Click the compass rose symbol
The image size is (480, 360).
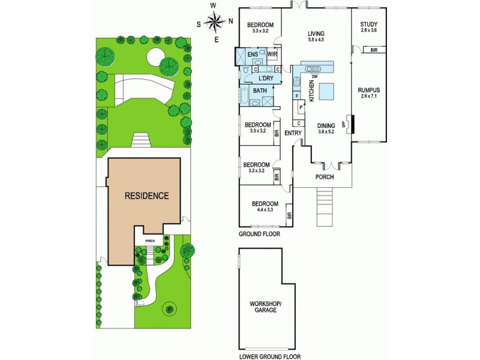tap(215, 23)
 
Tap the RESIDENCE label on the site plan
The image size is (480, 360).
tap(146, 196)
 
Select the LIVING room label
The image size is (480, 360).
tap(316, 34)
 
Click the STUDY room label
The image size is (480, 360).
tap(368, 25)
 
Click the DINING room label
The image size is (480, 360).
tap(326, 125)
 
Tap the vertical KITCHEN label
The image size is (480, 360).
tap(311, 91)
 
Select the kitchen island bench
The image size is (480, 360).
tap(327, 91)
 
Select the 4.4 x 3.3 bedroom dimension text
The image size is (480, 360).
tap(265, 209)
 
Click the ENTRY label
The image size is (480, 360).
tap(293, 133)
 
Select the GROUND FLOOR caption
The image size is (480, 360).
tap(258, 233)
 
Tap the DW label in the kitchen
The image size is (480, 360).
tap(314, 75)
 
